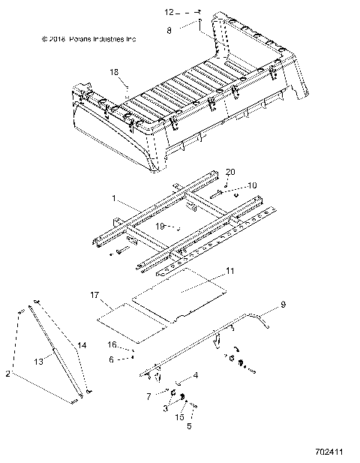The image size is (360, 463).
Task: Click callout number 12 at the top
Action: pyautogui.click(x=169, y=12)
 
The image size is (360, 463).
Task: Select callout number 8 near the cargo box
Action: pyautogui.click(x=169, y=31)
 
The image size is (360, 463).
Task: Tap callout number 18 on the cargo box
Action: pyautogui.click(x=114, y=72)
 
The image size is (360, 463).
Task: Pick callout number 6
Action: pyautogui.click(x=112, y=359)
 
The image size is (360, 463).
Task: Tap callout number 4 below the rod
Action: pyautogui.click(x=196, y=374)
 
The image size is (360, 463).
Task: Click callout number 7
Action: pyautogui.click(x=148, y=395)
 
